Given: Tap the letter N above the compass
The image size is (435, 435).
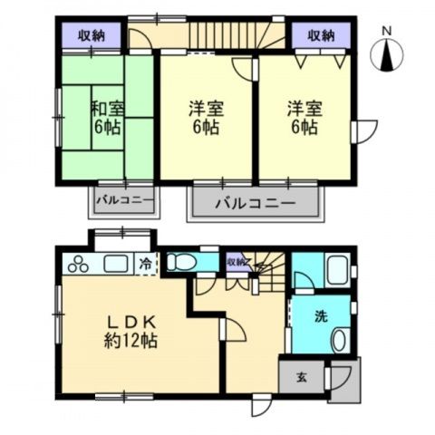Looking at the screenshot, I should [387, 32].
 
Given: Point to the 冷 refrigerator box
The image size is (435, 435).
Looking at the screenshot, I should [146, 265].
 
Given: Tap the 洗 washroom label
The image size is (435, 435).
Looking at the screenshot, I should [321, 319].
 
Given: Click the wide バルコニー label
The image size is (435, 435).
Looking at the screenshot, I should [256, 204].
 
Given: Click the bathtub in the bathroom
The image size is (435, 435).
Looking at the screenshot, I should [336, 270].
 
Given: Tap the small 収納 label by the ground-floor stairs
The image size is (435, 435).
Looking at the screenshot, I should [236, 263].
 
